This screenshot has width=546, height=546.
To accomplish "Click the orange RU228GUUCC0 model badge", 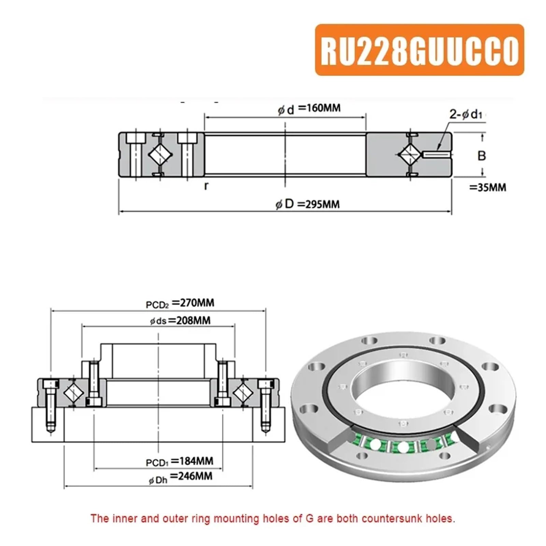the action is point(419,49).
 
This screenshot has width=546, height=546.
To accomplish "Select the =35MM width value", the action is point(488,187).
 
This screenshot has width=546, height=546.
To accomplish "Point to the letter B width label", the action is point(482,156).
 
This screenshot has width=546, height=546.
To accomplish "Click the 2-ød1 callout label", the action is point(465,115).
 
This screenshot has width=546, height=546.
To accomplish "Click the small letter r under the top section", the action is point(206,186).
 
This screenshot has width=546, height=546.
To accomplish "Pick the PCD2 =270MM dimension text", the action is point(180,303).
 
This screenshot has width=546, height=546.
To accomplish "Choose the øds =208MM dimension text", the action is point(180,321).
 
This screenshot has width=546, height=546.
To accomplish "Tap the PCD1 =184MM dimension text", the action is point(179,462).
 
